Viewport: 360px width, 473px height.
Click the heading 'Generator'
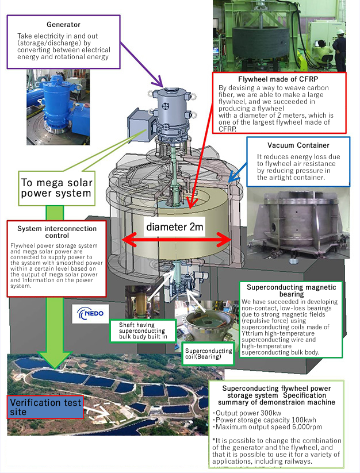point(63,25)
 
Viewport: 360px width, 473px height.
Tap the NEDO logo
point(90,315)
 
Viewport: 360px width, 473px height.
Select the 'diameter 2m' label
point(174,227)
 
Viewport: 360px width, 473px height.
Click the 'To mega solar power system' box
point(56,187)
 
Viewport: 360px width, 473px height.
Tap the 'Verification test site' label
point(44,406)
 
